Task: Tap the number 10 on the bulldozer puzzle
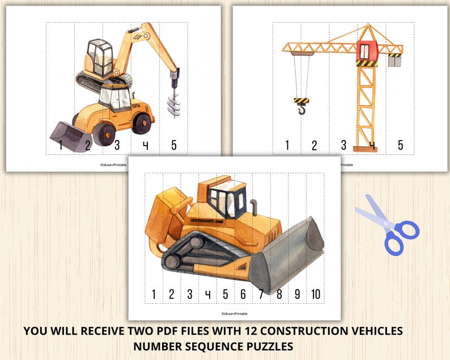[x=315, y=294]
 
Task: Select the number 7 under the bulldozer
[x=261, y=294]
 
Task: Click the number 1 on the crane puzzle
[x=287, y=145]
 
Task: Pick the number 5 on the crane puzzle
[x=400, y=145]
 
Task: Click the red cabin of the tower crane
[x=367, y=50]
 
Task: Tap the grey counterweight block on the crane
[x=394, y=61]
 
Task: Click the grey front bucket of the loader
[x=69, y=136]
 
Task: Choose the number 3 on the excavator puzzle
[x=117, y=145]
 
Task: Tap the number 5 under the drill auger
[x=173, y=145]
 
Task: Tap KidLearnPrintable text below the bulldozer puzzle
[x=234, y=313]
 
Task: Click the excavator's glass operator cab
[x=100, y=55]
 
